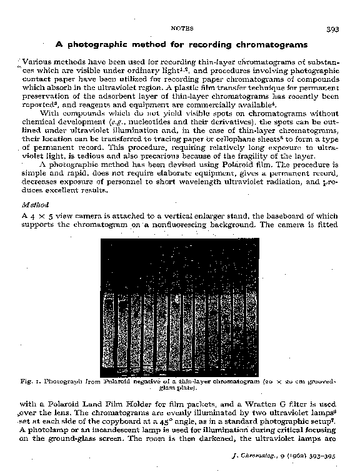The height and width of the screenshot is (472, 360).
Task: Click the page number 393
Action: click(x=331, y=29)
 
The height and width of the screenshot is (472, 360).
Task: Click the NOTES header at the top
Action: click(x=182, y=29)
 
